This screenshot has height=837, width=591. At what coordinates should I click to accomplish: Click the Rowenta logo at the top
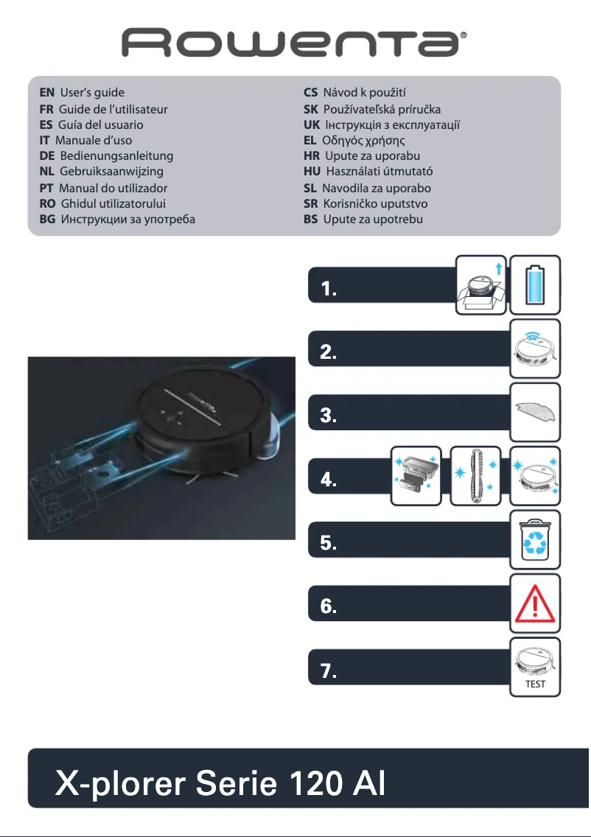tap(295, 43)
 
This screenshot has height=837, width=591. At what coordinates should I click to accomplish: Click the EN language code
tap(47, 93)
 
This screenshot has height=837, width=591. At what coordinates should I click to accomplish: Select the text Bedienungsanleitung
tap(116, 156)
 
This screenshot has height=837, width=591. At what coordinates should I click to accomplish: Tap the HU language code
tap(312, 172)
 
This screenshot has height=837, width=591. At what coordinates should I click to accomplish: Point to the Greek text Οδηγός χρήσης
tap(364, 140)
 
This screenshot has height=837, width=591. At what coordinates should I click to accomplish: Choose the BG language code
tap(49, 220)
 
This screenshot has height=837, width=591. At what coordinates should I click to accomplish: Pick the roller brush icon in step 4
tap(475, 475)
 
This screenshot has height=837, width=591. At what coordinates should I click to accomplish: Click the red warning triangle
tap(536, 602)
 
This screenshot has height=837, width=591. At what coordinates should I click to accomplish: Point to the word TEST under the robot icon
tap(536, 684)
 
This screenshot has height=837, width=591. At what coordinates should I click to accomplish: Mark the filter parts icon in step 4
tap(416, 475)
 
